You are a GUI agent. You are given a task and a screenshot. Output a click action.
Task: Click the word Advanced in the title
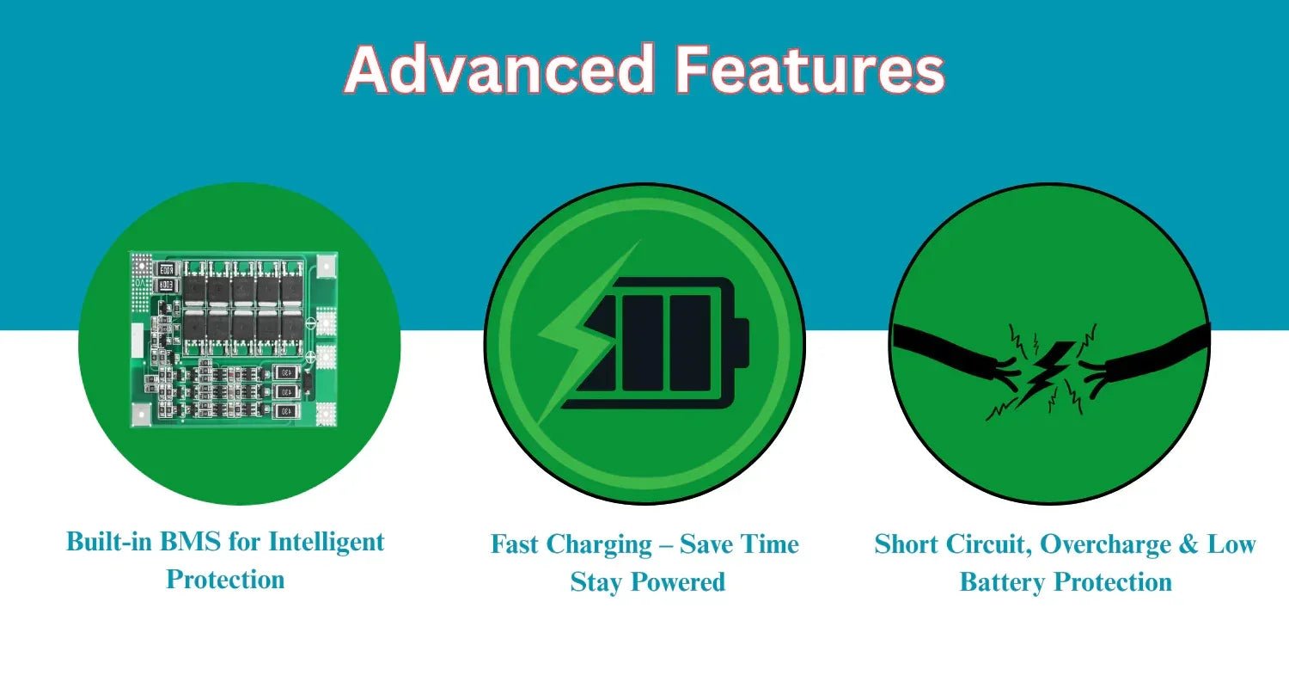(499, 69)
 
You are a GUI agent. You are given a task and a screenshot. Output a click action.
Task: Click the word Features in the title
(810, 69)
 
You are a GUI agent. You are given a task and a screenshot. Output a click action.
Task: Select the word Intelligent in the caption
(327, 543)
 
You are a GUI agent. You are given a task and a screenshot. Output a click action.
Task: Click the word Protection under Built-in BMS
(225, 579)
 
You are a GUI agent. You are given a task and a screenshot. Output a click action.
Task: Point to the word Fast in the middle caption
(514, 544)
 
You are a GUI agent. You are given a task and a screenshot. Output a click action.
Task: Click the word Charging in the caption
(598, 545)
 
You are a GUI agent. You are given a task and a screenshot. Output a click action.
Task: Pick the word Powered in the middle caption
(679, 581)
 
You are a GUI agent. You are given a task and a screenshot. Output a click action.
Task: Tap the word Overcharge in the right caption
(1105, 545)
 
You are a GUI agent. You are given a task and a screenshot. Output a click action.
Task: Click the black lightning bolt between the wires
(1044, 373)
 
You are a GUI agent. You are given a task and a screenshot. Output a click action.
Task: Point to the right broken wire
(1145, 359)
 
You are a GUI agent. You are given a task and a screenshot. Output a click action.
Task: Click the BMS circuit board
(234, 340)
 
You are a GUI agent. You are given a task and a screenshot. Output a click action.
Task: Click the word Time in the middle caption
(769, 544)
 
